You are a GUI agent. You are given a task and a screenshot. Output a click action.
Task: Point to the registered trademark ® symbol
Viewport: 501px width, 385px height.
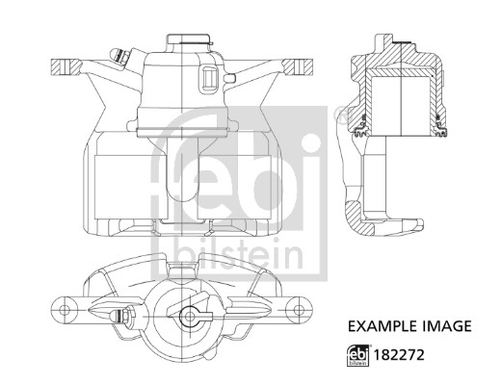(x=338, y=116)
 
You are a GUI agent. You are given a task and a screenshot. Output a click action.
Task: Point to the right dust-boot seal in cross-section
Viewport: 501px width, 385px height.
(x=442, y=123)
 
